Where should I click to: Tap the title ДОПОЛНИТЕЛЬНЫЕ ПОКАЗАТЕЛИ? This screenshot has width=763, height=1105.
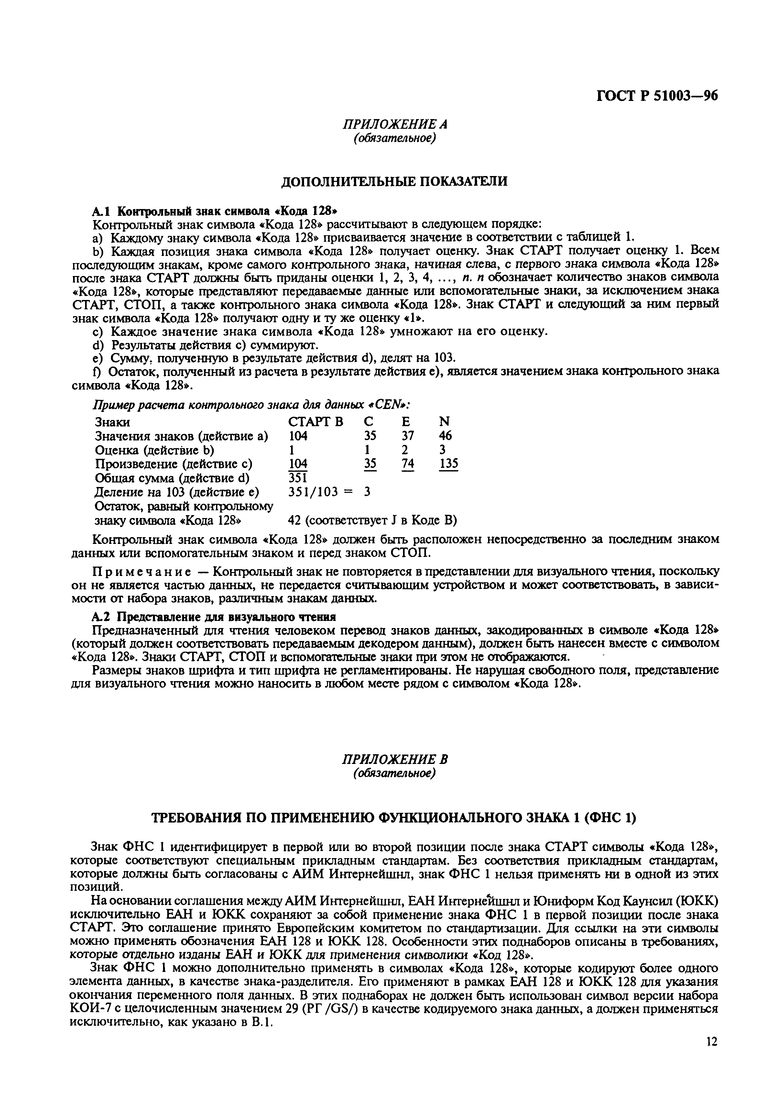393,182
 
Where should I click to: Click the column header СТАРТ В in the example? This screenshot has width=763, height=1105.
316,422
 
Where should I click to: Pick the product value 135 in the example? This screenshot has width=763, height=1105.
448,464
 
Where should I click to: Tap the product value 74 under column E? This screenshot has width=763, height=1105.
408,464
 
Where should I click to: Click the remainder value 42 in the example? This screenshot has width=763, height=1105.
294,520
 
